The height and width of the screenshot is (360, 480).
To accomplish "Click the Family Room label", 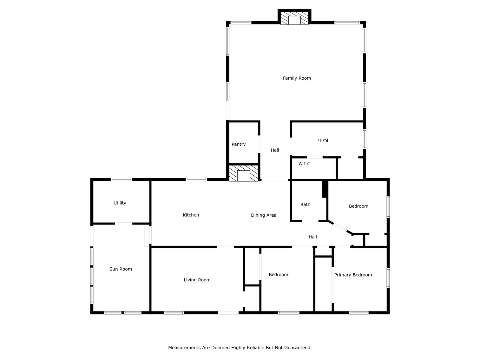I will pos(297,78).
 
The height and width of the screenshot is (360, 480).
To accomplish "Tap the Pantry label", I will pos(238,144).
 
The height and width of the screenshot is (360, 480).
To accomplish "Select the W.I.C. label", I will pos(305,164).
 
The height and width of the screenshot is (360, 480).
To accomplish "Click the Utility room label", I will pos(120,203).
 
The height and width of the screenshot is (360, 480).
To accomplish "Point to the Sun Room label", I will pos(120,269).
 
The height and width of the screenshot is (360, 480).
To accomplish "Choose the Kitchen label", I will pos(191,215).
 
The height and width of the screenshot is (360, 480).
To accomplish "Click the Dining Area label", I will pos(263,215).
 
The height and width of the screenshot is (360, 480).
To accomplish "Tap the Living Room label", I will pos(197,280).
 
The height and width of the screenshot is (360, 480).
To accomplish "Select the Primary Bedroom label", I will pos(353,275).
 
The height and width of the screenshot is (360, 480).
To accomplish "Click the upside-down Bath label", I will pos(323,140).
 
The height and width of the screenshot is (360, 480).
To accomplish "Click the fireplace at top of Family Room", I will pos(294,19).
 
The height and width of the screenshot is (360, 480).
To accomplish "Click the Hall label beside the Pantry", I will pos(275,150).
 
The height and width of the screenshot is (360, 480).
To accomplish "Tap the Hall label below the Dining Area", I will pos(312,237).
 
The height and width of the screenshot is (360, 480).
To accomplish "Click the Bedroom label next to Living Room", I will pos(278,275).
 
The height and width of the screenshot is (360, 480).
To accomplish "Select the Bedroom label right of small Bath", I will pos(358,206).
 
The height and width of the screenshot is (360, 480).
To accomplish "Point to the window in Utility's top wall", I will pos(121,180).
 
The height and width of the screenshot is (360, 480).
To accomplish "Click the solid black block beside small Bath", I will pos(324,189).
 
